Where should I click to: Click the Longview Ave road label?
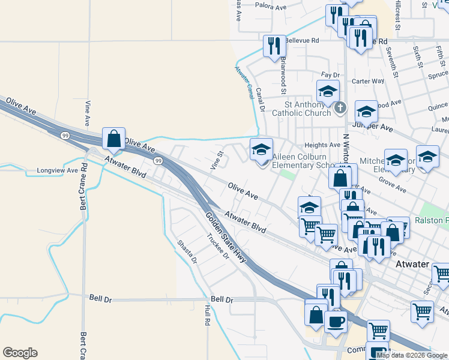tap(58, 170)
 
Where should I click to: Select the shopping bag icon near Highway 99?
tap(113, 139)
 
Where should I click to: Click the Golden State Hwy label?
tap(226, 238)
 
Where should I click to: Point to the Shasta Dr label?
tap(187, 252)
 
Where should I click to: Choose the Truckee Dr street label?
tap(218, 246)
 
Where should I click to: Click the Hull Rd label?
tap(207, 315)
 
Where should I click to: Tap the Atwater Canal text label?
tap(244, 82)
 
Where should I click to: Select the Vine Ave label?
tap(89, 113)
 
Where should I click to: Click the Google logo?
tap(20, 353)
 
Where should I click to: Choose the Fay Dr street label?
tap(330, 75)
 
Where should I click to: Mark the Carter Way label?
tap(367, 81)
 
